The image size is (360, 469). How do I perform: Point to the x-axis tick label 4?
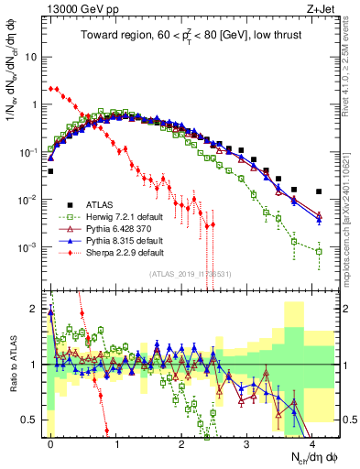pyautogui.click(x=311, y=442)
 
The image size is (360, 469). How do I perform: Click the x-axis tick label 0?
pyautogui.click(x=50, y=442)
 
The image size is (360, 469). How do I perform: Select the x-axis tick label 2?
pyautogui.click(x=181, y=442)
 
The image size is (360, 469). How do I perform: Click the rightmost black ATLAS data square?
pyautogui.click(x=319, y=192)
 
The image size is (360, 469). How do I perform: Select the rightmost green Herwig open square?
pyautogui.click(x=319, y=251)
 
